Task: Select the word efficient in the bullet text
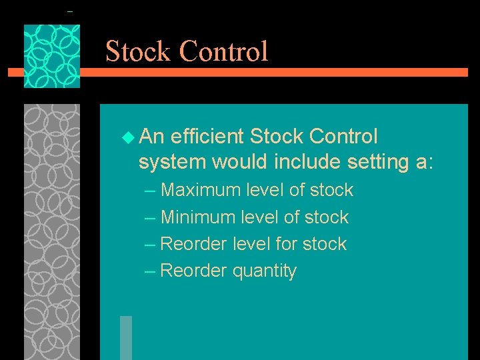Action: click(207, 137)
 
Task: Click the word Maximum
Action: click(201, 190)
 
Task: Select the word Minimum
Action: click(199, 217)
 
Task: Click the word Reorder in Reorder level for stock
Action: click(194, 244)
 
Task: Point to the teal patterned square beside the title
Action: click(52, 56)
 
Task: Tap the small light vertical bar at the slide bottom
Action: click(126, 337)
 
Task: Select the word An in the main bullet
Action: click(153, 137)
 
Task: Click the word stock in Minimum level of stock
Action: click(326, 217)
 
